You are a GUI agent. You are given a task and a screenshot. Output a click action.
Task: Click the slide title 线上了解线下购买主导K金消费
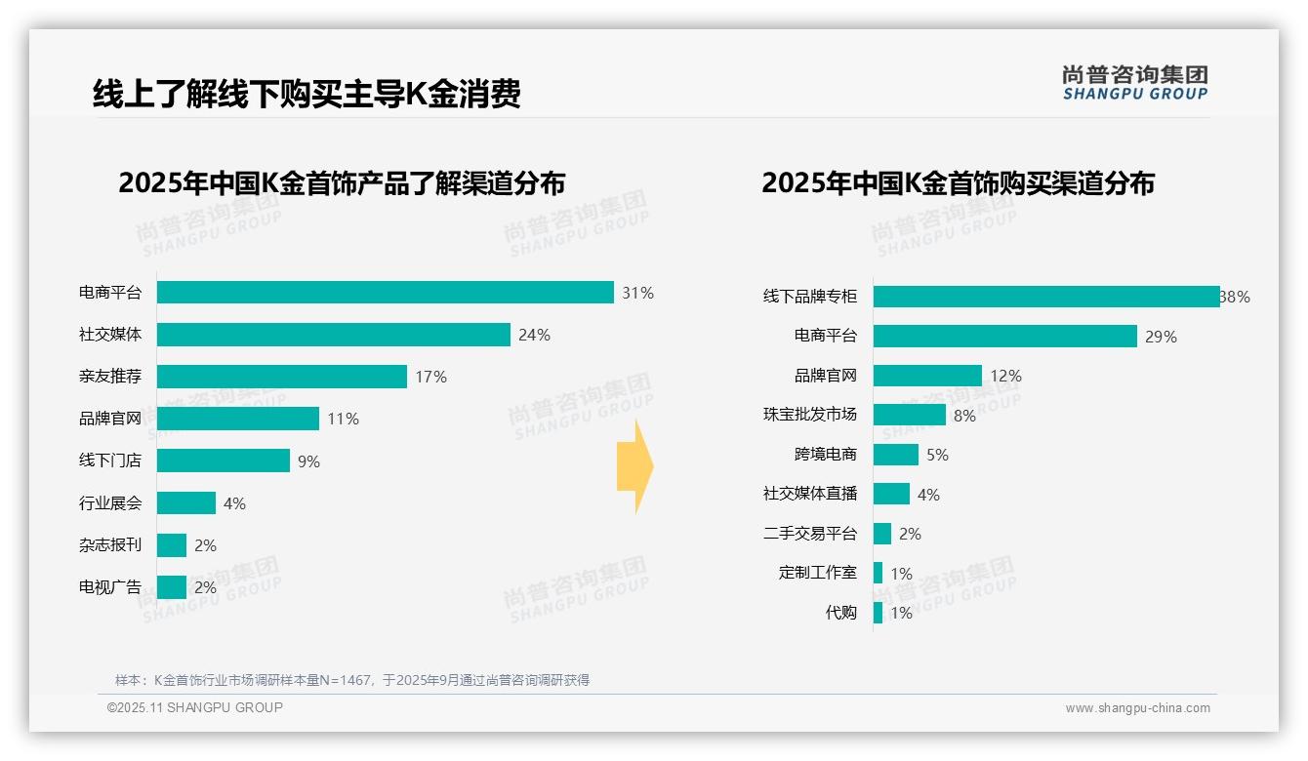pos(307,94)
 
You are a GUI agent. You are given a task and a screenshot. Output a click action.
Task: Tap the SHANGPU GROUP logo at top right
pos(1134,83)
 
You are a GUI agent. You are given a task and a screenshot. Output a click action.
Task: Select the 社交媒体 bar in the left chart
pos(333,335)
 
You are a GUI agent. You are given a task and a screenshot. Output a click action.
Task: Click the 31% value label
pos(637,293)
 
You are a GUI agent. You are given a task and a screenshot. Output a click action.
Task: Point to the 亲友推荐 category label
pos(110,377)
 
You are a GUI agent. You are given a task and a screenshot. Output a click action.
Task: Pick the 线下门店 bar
pos(224,461)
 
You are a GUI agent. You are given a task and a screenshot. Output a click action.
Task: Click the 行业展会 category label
pos(110,503)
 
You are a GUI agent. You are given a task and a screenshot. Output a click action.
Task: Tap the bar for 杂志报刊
pos(172,545)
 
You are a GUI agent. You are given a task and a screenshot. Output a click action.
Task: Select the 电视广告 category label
pos(110,587)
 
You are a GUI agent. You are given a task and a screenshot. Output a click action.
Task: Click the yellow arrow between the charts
pos(635,467)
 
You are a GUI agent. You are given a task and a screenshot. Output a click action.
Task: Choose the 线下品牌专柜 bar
pos(1045,297)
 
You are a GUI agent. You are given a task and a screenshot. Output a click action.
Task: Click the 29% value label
pos(1162,337)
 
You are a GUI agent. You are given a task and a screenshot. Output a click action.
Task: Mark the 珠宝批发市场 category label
pos(810,415)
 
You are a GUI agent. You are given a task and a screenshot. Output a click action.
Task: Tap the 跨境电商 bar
pos(896,455)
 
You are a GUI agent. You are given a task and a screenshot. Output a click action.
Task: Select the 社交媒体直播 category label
pos(810,494)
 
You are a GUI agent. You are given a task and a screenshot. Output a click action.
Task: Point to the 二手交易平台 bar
pos(882,534)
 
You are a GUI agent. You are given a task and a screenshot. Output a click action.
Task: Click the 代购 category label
pos(840,613)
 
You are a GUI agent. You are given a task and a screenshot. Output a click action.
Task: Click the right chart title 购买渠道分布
pos(958,183)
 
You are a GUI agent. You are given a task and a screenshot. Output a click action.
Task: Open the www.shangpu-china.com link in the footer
pos(1137,708)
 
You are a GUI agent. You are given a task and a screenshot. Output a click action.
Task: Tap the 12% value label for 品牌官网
pos(1006,376)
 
